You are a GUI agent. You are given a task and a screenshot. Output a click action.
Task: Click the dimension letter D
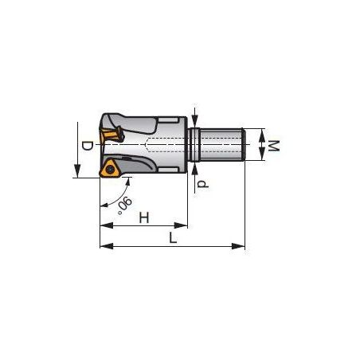tap(87, 146)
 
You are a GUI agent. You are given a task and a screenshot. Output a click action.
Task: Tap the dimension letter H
tap(144, 217)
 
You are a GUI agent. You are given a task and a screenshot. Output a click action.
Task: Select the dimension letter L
tap(173, 237)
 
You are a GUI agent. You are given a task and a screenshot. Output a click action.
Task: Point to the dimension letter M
tap(274, 146)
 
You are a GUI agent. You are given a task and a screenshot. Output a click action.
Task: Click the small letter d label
tap(203, 184)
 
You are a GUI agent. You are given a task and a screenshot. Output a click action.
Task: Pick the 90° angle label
tap(124, 205)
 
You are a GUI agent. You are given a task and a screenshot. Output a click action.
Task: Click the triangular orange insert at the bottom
tap(110, 167)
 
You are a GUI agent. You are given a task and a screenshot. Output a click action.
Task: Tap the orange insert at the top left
tap(111, 135)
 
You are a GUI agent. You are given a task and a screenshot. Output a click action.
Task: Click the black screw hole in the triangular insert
tap(109, 168)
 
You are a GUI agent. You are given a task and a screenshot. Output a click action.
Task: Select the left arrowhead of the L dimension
tap(107, 246)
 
